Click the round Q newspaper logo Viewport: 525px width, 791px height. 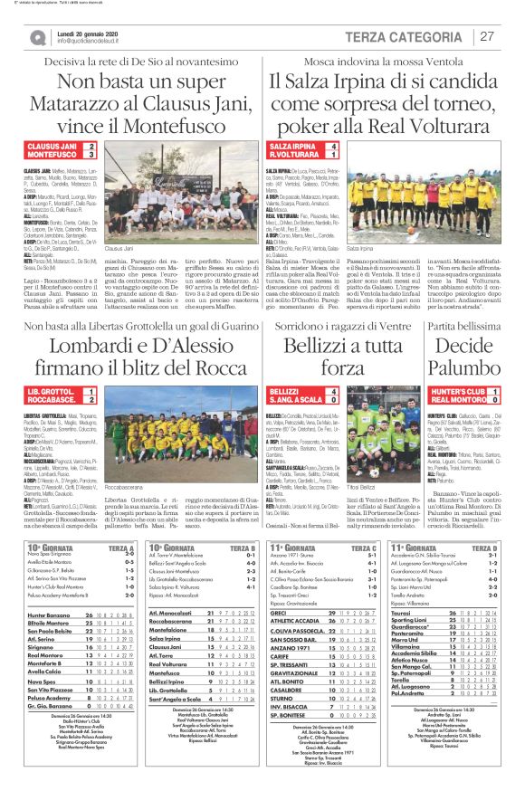(37, 36)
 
